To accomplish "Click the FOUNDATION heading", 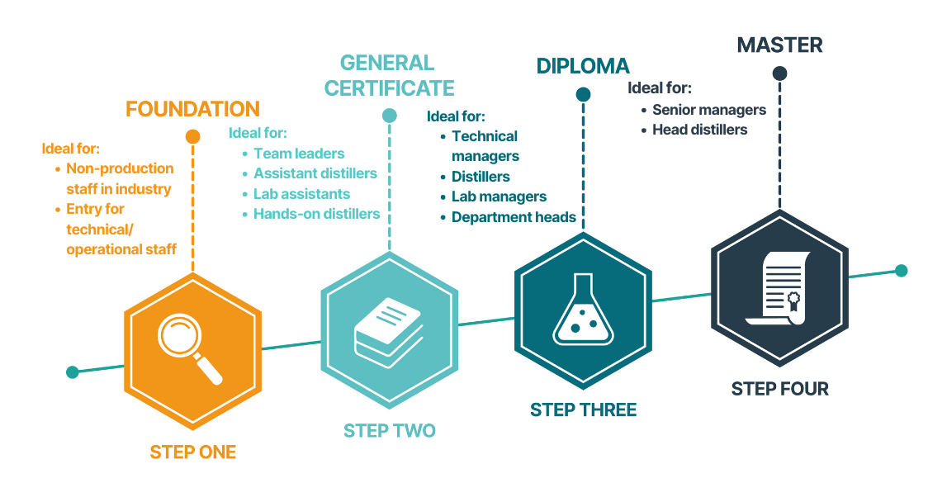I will [x=192, y=109].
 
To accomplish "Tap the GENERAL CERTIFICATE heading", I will [x=389, y=75].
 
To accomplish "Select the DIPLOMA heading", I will [x=583, y=66].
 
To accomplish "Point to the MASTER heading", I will [x=779, y=45].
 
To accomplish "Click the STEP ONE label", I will [x=192, y=452].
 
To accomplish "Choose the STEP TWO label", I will [x=389, y=431].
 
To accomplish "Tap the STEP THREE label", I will [x=583, y=410].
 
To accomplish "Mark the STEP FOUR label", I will [x=779, y=389].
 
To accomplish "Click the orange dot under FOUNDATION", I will [x=192, y=136].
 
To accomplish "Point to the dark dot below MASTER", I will [x=779, y=73].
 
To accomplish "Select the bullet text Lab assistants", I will [x=301, y=194].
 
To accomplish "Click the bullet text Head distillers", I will [x=699, y=130].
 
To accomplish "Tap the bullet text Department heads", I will [x=514, y=217].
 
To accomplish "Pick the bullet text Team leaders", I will [x=299, y=153].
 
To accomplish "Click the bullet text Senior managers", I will [x=708, y=110].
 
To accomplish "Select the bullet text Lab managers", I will [x=499, y=196].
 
